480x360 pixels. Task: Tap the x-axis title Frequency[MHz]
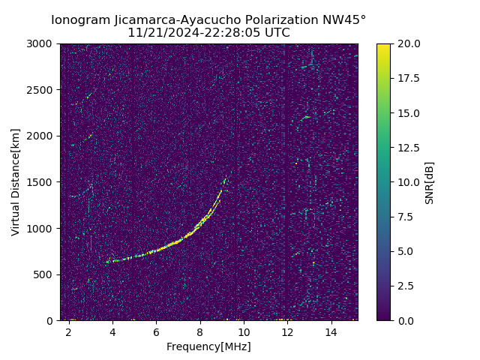coord(208,346)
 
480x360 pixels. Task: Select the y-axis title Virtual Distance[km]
coord(16,181)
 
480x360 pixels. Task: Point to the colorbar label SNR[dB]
coord(430,182)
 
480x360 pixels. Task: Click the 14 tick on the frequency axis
coord(331,331)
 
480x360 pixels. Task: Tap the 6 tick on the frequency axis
coord(156,331)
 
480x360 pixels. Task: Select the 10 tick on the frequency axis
coord(244,331)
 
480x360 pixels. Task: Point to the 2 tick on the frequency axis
coord(68,331)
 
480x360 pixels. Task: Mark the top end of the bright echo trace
coord(224,178)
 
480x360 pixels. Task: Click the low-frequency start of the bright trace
coord(106,262)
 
